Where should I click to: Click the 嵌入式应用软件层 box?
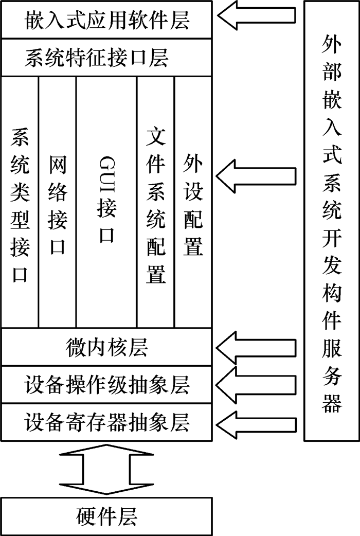106,20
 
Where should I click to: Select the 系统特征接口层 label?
96,58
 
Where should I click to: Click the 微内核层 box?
106,347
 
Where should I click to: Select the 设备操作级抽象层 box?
106,384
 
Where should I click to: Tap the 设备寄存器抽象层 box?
106,422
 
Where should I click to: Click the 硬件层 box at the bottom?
106,516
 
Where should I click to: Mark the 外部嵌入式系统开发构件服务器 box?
332,221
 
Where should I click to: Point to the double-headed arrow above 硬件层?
106,469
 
